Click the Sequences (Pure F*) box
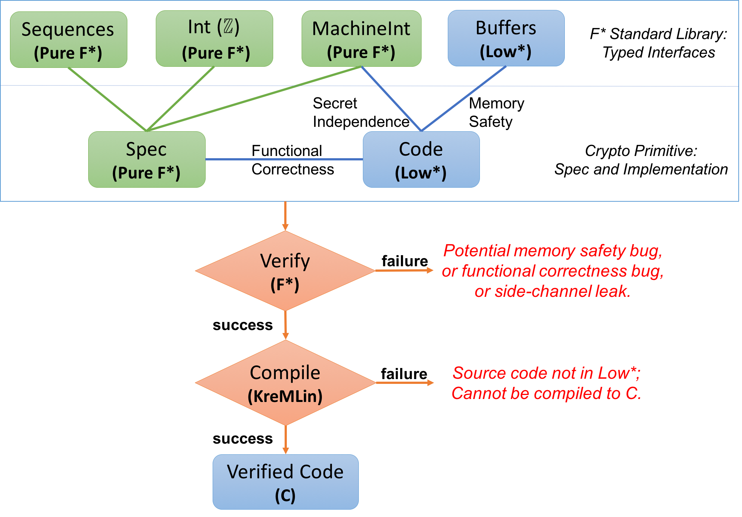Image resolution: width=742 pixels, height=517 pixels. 68,40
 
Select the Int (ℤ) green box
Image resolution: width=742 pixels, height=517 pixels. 214,39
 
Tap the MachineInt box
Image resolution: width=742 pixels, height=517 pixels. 361,39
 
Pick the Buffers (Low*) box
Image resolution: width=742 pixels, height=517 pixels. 506,38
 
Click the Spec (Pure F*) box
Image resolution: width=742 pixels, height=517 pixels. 147,160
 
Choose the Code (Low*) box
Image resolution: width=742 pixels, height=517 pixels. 421,160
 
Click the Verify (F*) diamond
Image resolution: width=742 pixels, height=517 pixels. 285,271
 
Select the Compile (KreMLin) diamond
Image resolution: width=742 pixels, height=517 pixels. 285,383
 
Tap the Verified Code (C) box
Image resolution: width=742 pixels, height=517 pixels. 285,482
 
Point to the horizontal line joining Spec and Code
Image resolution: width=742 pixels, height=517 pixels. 284,159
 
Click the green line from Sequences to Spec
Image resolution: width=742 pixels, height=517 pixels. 107,99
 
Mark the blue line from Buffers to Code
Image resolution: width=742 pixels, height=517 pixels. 464,98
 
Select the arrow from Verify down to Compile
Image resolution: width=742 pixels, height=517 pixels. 285,325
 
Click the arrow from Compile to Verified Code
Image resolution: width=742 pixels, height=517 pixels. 285,440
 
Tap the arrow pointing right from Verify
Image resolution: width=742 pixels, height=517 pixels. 404,271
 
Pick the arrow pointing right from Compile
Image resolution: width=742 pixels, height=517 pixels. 404,383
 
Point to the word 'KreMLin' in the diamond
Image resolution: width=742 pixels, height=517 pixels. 285,396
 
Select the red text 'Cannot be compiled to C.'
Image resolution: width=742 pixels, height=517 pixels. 546,393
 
